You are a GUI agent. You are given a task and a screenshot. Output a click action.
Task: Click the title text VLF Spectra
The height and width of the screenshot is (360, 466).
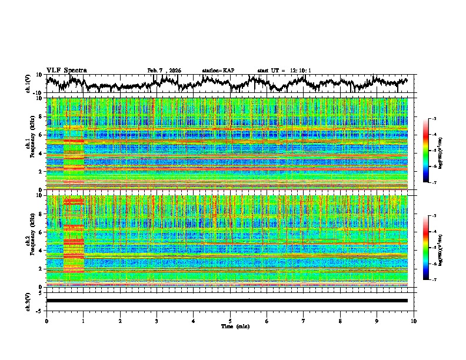(x=66, y=70)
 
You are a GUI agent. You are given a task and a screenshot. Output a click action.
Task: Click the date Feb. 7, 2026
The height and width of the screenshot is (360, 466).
(x=164, y=71)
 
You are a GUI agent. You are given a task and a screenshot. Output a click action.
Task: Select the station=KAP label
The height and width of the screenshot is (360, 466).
(x=218, y=71)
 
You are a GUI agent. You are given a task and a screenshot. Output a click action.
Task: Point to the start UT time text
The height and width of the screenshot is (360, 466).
(x=284, y=71)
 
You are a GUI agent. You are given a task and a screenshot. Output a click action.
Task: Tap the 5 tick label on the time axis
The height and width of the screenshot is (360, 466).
(x=230, y=321)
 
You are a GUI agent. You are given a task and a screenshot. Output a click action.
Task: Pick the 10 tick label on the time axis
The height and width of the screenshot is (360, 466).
(x=414, y=321)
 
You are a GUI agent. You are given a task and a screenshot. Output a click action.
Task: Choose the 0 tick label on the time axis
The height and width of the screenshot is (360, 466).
(x=46, y=321)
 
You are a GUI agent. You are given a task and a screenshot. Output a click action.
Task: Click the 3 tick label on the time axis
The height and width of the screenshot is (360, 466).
(x=157, y=321)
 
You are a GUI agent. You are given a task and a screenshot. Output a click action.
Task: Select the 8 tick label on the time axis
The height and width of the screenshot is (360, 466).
(x=340, y=321)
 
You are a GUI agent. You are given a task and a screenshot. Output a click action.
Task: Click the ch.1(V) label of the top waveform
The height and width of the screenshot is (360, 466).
(x=29, y=84)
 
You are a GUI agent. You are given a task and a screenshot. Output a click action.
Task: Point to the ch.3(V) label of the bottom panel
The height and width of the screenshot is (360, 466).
(x=29, y=301)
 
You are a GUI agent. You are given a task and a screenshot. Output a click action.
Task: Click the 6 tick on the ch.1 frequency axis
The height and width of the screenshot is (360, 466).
(x=42, y=135)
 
